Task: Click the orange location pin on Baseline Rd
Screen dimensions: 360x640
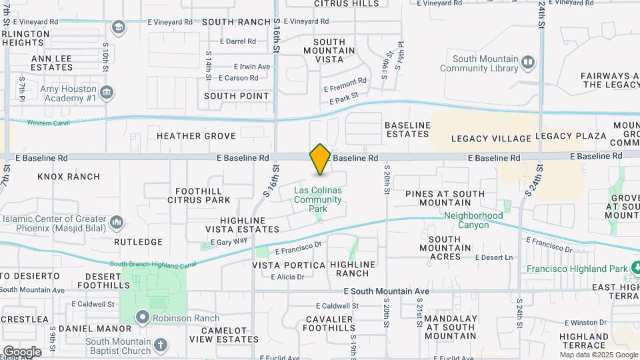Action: [320, 159]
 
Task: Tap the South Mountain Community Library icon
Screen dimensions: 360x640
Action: [528, 63]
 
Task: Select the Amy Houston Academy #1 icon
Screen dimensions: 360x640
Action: [106, 91]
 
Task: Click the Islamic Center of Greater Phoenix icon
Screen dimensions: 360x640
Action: [117, 221]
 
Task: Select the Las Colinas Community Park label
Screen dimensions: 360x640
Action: [318, 199]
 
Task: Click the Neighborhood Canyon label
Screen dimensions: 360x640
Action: [473, 220]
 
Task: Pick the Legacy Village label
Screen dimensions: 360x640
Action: [491, 139]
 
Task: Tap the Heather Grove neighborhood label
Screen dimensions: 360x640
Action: [196, 136]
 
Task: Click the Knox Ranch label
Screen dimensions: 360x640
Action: [69, 177]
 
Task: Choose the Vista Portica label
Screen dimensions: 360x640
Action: [289, 265]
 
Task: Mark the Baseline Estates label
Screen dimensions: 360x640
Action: [407, 129]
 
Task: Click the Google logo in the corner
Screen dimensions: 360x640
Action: [22, 351]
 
